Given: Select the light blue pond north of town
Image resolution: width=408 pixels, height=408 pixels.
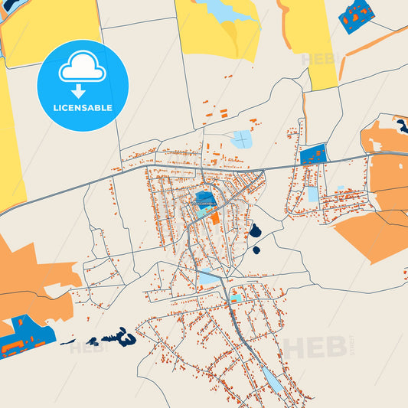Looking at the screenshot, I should (x=241, y=139).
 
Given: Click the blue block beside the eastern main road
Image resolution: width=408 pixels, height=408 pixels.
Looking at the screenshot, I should (x=312, y=155).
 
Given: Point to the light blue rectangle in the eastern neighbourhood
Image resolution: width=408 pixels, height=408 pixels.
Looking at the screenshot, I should (x=312, y=194).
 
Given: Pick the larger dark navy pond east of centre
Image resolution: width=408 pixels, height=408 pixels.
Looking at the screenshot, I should (x=255, y=230).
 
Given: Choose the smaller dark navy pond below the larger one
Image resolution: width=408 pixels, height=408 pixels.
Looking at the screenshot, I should (x=256, y=249).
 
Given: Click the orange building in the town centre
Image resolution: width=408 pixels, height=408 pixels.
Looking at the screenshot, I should (x=214, y=217).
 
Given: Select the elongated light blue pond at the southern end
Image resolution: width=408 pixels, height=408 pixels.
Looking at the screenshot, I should (x=272, y=378).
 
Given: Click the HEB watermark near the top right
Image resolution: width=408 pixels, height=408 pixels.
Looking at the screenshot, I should (x=318, y=59).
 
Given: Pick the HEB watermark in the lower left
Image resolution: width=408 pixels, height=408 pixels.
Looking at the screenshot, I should (x=86, y=348).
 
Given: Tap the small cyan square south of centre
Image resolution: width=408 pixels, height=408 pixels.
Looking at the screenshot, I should (x=236, y=298).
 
